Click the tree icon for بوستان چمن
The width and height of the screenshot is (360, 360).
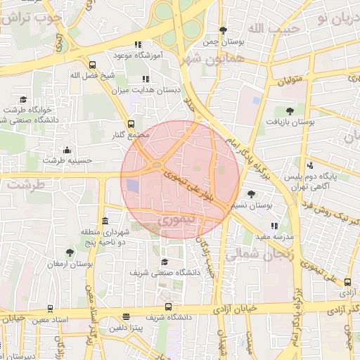coord(223,30)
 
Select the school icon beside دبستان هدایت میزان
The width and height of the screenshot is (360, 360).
coord(146,79)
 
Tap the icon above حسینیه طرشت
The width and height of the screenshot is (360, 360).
coord(67,149)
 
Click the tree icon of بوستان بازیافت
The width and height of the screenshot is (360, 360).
coord(290,110)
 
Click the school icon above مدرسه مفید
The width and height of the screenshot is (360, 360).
coord(274,226)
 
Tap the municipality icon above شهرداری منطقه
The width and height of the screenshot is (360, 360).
coord(105,221)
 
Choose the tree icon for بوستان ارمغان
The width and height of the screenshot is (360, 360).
coord(69,252)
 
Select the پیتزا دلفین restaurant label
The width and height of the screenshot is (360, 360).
coord(126,328)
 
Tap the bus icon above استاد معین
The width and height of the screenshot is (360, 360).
coord(50,309)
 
